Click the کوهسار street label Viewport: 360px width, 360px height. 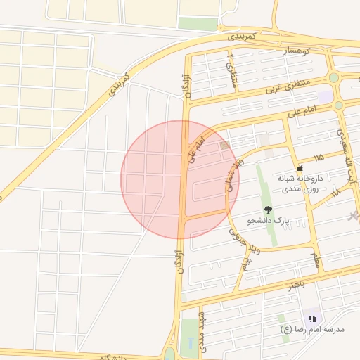click(297, 51)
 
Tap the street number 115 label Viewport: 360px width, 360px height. click(319, 157)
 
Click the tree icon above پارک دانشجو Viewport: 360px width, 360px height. click(267, 210)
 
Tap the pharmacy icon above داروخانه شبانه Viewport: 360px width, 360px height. click(300, 168)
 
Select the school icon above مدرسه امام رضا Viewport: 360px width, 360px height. click(312, 318)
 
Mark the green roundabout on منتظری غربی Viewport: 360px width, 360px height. click(333, 78)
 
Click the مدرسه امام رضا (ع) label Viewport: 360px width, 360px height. click(312, 329)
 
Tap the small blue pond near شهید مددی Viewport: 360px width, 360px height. click(189, 343)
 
